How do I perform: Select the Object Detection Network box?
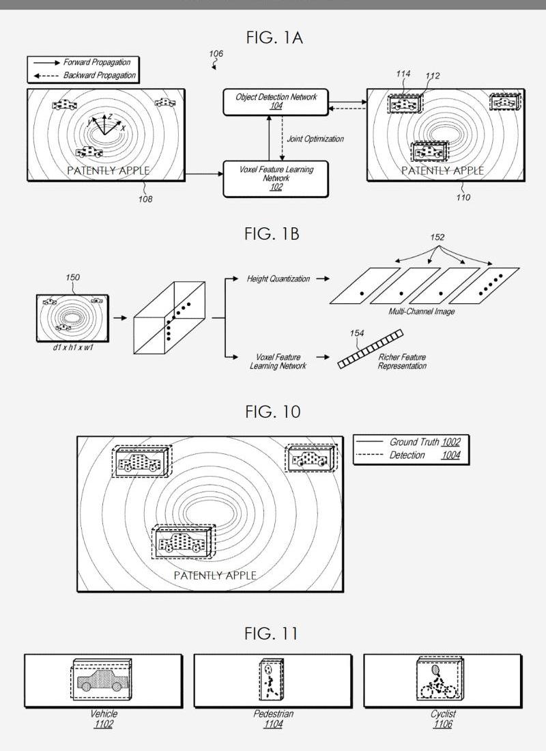(x=276, y=102)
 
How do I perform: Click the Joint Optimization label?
(x=315, y=139)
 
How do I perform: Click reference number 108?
(x=145, y=199)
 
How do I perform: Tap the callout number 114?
(x=403, y=74)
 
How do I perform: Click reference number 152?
(x=437, y=238)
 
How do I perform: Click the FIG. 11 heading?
(x=271, y=634)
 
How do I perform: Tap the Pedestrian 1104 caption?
(x=272, y=718)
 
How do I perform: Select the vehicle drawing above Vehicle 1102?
(x=102, y=681)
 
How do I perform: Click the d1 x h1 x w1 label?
(x=70, y=348)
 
